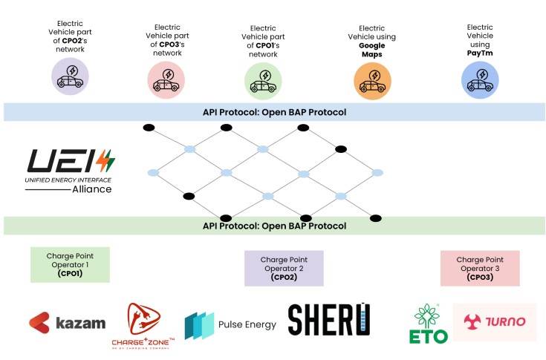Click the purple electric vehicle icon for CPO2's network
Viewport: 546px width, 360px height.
click(71, 77)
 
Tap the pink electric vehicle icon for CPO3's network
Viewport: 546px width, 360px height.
click(167, 79)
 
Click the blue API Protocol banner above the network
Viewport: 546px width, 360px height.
click(274, 112)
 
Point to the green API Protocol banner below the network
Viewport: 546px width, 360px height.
click(274, 226)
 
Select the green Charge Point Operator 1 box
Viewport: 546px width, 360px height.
click(71, 264)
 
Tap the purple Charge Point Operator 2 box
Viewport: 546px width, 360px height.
click(284, 268)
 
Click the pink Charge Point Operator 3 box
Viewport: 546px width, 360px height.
click(480, 267)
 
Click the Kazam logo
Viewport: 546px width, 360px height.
click(68, 323)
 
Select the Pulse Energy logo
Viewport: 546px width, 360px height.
click(230, 324)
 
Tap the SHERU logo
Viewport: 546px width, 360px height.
click(328, 320)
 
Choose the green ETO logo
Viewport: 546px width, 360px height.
click(429, 324)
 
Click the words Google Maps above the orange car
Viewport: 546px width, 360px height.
click(371, 42)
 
